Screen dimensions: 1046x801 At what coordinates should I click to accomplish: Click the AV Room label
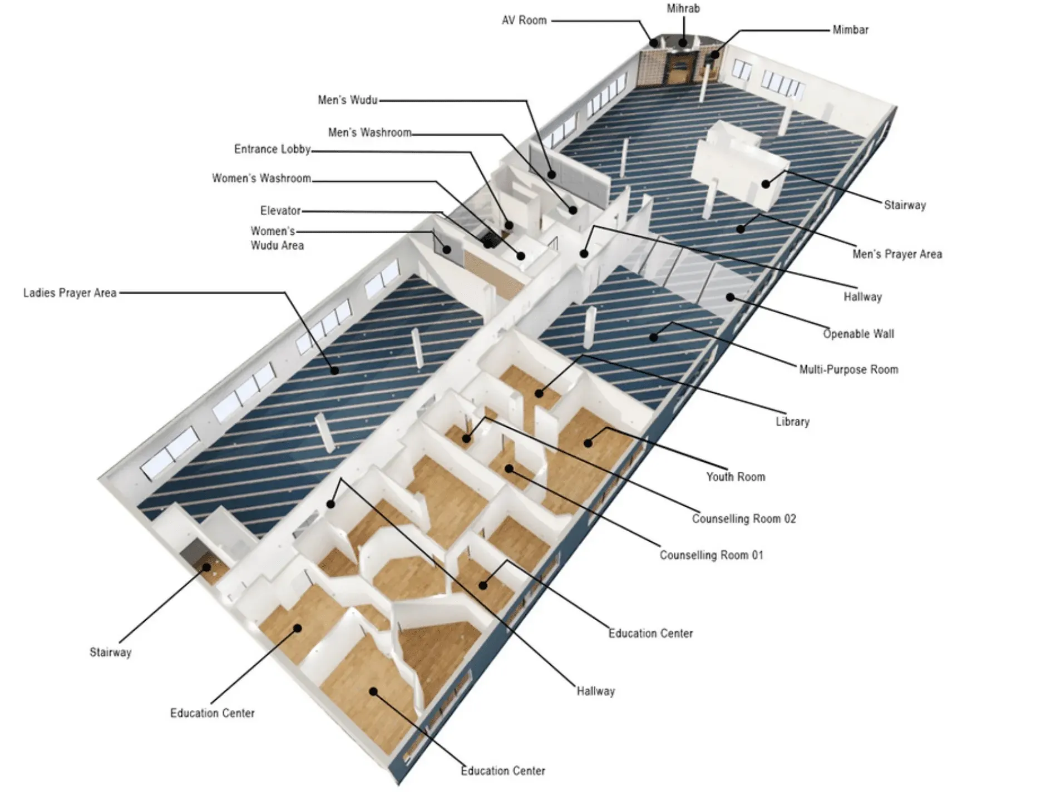[524, 21]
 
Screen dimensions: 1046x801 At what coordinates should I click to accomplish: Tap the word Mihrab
[683, 8]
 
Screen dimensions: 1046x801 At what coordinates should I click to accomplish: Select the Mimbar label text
[850, 29]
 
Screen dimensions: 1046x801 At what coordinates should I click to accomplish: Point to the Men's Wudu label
[347, 100]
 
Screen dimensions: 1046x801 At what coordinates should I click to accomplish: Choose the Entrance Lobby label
[272, 149]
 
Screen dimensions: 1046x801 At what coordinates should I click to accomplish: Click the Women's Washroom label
[261, 179]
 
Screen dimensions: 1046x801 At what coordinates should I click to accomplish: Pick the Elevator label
[280, 211]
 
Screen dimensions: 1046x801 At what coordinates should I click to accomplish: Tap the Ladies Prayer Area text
[70, 293]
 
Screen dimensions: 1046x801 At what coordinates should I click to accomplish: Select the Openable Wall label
[858, 334]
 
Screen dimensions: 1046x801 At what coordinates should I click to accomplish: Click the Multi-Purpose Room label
[848, 369]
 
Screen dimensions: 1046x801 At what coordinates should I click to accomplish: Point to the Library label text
[792, 422]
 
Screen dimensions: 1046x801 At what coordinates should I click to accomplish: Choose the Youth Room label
[736, 477]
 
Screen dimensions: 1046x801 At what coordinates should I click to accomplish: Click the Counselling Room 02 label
[744, 519]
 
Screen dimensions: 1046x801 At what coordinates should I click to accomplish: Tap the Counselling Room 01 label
[711, 555]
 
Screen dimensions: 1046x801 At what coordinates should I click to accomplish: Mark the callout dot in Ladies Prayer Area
[334, 370]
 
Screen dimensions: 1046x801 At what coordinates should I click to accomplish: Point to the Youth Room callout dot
[588, 443]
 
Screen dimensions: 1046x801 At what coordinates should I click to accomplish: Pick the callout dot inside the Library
[539, 394]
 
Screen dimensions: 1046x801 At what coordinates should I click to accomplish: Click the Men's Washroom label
[369, 133]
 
